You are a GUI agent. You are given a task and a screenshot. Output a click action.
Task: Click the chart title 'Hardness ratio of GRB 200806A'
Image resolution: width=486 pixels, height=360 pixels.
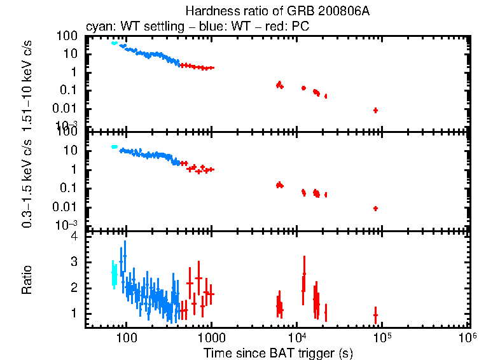click(x=277, y=11)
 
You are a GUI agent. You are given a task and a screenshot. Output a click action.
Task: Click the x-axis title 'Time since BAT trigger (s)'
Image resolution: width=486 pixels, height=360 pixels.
click(x=277, y=352)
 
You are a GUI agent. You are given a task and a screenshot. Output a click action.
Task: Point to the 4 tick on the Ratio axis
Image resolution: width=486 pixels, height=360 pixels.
click(x=74, y=236)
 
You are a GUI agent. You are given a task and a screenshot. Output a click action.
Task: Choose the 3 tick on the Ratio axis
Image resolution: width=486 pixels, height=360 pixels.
click(x=74, y=262)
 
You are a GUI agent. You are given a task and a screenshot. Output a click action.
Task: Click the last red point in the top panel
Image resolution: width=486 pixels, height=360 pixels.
click(x=375, y=110)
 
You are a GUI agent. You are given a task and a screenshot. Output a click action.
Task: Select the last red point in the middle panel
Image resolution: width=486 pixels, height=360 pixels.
click(x=375, y=209)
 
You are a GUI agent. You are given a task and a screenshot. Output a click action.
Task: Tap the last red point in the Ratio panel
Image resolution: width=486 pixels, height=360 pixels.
click(x=375, y=315)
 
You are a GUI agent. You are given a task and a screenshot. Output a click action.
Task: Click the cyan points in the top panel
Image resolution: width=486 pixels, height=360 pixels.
click(x=115, y=43)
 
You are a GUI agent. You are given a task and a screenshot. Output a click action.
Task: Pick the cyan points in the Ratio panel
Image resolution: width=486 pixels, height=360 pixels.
click(x=114, y=273)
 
